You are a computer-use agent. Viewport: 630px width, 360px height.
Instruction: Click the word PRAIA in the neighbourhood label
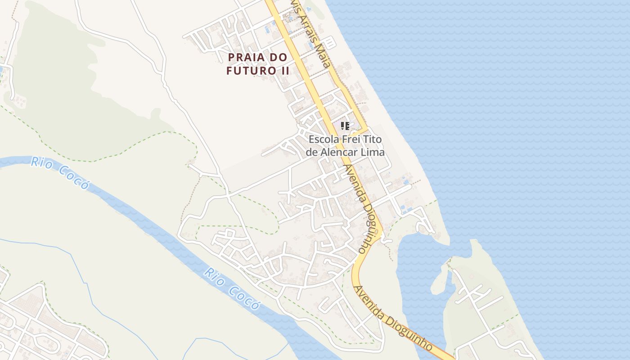(246, 58)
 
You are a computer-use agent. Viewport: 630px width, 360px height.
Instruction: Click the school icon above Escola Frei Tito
(345, 126)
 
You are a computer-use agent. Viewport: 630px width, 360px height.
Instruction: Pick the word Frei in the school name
(348, 139)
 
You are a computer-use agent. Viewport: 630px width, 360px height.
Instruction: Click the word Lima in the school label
(374, 152)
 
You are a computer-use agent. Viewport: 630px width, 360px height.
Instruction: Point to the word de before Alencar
(311, 152)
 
